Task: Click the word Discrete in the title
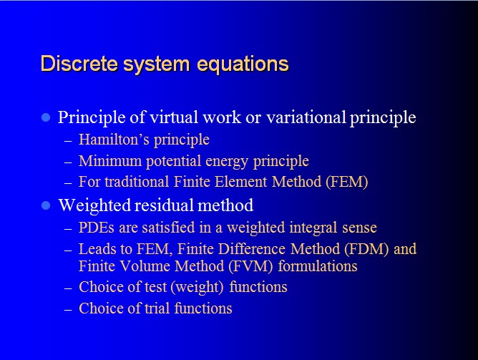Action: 79,64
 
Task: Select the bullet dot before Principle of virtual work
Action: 46,117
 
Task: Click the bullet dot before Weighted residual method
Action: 46,205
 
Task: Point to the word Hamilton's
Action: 114,140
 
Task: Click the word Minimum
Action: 110,160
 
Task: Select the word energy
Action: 227,162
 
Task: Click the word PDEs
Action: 97,228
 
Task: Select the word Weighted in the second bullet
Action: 94,205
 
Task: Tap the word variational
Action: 306,117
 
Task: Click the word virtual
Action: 174,117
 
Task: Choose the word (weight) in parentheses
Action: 197,288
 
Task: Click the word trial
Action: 157,308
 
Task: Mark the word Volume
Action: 144,266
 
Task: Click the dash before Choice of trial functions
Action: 68,309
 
